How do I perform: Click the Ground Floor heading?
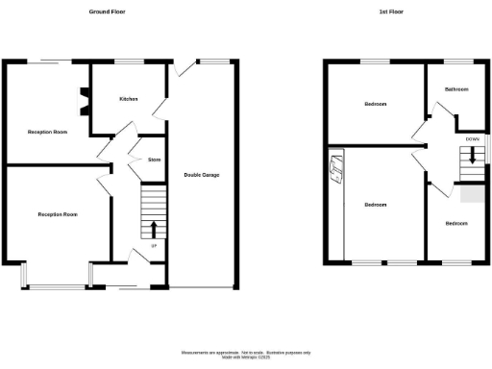pos(107,12)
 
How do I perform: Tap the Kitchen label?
pos(128,99)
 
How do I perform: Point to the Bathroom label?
pos(455,89)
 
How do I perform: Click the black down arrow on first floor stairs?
pos(472,159)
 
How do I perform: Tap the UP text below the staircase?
pos(153,248)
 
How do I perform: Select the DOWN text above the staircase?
pos(472,139)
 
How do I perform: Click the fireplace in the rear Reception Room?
pos(83,97)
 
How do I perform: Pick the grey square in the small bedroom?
pos(471,194)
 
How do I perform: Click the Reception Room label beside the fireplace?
pos(46,131)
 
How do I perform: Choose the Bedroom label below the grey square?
pos(455,223)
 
